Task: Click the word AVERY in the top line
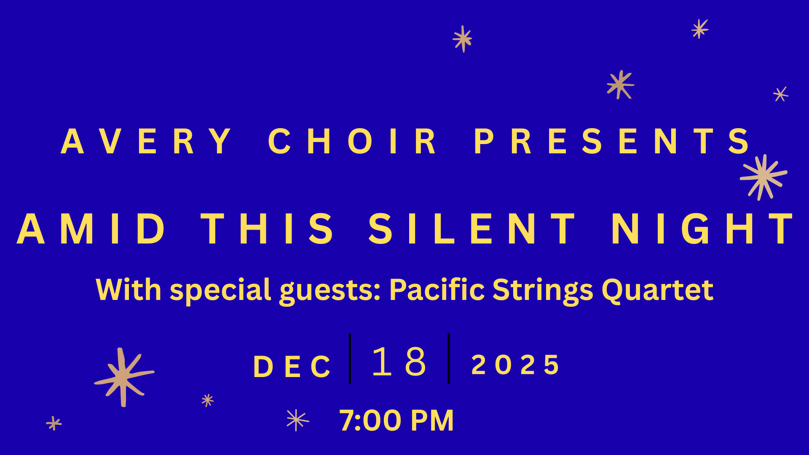coord(146,141)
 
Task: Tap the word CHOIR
coord(352,141)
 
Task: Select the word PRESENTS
coord(611,141)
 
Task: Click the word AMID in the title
coord(91,228)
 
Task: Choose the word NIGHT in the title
coord(702,228)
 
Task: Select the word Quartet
coord(657,290)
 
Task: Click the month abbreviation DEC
coord(292,367)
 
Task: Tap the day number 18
coord(399,361)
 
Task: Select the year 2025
coord(515,364)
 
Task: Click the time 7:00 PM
coord(396,420)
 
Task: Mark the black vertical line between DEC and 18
coord(350,359)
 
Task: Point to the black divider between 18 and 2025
coord(449,359)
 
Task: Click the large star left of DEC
coord(123,377)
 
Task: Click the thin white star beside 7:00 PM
coord(297,420)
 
